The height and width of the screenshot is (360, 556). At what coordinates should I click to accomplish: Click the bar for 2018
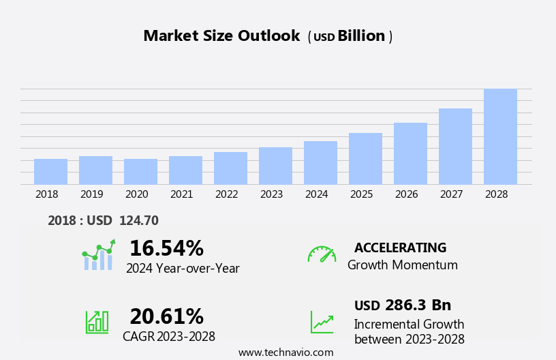(50, 172)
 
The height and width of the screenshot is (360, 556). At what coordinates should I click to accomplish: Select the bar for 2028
(500, 136)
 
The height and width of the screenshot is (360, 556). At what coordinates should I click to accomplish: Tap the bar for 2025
(365, 159)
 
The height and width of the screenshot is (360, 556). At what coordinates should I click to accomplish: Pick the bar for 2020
(140, 172)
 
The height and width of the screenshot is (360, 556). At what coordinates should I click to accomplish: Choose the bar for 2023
(275, 166)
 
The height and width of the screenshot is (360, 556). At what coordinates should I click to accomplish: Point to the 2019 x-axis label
(91, 194)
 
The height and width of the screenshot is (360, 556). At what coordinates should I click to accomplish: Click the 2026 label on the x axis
(406, 194)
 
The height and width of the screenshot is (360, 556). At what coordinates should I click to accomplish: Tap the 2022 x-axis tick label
(226, 194)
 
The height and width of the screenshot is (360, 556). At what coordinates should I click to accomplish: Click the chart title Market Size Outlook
(221, 36)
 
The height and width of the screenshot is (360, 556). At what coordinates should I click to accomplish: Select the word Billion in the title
(361, 36)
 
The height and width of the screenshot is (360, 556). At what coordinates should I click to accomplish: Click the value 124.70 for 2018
(138, 220)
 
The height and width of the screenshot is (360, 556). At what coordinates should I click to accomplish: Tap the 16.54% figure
(166, 248)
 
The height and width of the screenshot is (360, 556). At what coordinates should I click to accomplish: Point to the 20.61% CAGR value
(166, 316)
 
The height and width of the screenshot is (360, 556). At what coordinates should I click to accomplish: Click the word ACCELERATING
(400, 247)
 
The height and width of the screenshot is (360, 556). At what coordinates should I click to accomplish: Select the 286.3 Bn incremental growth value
(418, 305)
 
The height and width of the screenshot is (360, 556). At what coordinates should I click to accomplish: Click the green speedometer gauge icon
(322, 254)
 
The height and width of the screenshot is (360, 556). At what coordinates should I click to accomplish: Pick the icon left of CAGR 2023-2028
(97, 321)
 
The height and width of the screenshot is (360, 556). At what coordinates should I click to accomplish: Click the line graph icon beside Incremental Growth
(322, 322)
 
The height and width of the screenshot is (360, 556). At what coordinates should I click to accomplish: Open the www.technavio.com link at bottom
(285, 352)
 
